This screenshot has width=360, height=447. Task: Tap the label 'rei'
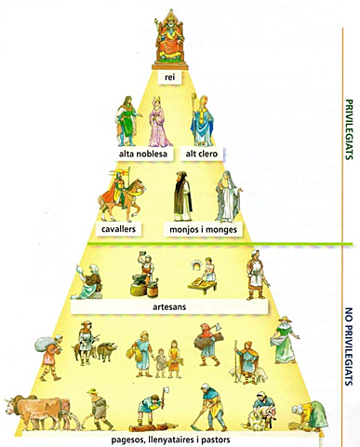click(170, 77)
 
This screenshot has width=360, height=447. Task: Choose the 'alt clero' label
click(202, 153)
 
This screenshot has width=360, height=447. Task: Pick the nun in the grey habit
click(226, 196)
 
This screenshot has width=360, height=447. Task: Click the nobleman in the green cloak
click(126, 121)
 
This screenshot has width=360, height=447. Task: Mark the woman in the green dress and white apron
click(284, 340)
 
